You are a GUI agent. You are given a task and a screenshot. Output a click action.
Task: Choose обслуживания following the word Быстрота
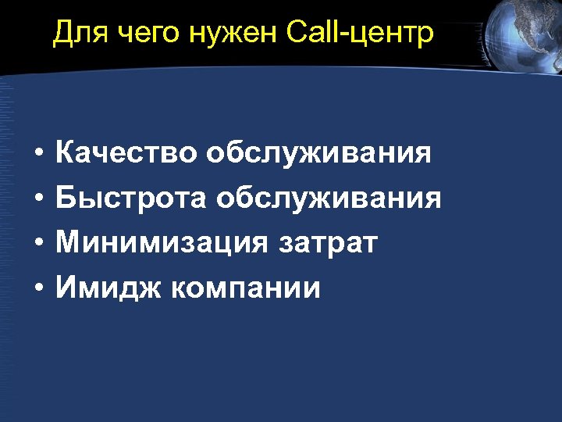pos(329,198)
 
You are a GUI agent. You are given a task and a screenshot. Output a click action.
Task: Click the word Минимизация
pos(162,243)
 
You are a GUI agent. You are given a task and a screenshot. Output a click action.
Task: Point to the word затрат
pos(328,243)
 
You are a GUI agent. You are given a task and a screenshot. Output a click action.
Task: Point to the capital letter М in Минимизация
pos(68,243)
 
